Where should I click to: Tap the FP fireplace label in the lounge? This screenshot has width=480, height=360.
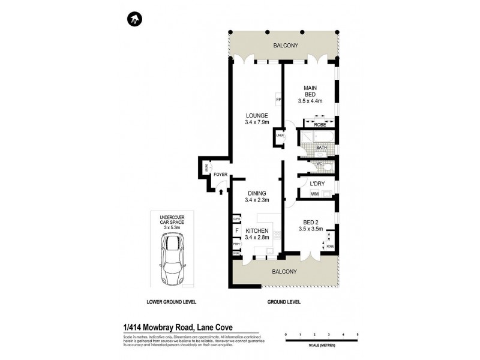[x=278, y=99]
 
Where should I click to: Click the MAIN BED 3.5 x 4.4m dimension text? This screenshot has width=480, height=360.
[x=310, y=101]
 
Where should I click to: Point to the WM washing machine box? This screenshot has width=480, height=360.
[x=315, y=193]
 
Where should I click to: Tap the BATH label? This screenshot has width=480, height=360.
[x=322, y=147]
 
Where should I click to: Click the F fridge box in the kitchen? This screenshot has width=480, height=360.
[x=236, y=230]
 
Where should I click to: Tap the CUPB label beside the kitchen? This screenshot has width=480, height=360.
[x=236, y=219]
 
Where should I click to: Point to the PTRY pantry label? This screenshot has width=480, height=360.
[x=236, y=244]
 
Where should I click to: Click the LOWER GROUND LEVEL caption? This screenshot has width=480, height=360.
[x=170, y=301]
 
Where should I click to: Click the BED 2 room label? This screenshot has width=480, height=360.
[x=310, y=229]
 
